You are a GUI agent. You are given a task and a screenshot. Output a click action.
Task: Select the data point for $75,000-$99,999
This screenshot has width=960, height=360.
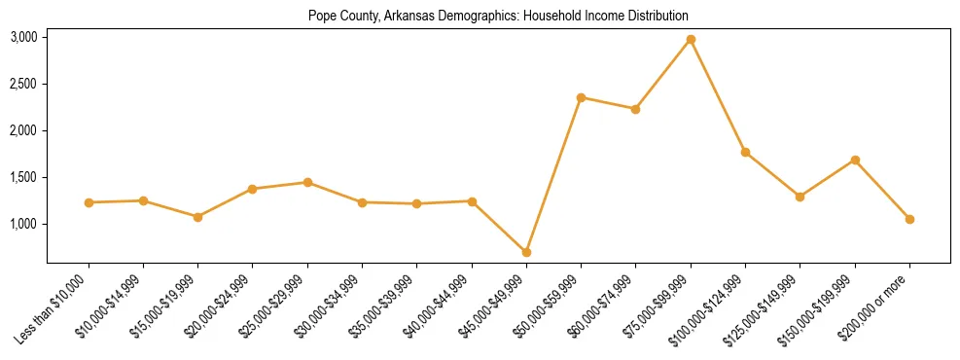pyautogui.click(x=691, y=39)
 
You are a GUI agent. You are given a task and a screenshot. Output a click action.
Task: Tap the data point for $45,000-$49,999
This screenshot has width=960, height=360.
pyautogui.click(x=526, y=252)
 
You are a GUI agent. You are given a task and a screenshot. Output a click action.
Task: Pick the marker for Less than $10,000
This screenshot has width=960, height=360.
pyautogui.click(x=89, y=202)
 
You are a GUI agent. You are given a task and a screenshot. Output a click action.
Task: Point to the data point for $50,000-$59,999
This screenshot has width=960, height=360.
pyautogui.click(x=581, y=97)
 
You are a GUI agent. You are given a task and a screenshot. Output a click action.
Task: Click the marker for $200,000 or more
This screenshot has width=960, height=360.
pyautogui.click(x=909, y=219)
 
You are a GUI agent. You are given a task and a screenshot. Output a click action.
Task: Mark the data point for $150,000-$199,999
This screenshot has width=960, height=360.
pyautogui.click(x=855, y=160)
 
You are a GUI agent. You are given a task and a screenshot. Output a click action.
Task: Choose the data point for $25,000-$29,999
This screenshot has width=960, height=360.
pyautogui.click(x=307, y=182)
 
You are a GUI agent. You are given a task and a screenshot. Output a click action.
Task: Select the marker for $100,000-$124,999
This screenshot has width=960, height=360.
pyautogui.click(x=745, y=152)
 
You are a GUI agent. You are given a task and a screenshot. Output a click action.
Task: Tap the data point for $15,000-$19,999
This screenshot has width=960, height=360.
pyautogui.click(x=197, y=217)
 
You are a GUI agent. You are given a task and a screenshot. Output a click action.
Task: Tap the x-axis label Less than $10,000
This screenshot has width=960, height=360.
pyautogui.click(x=51, y=310)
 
